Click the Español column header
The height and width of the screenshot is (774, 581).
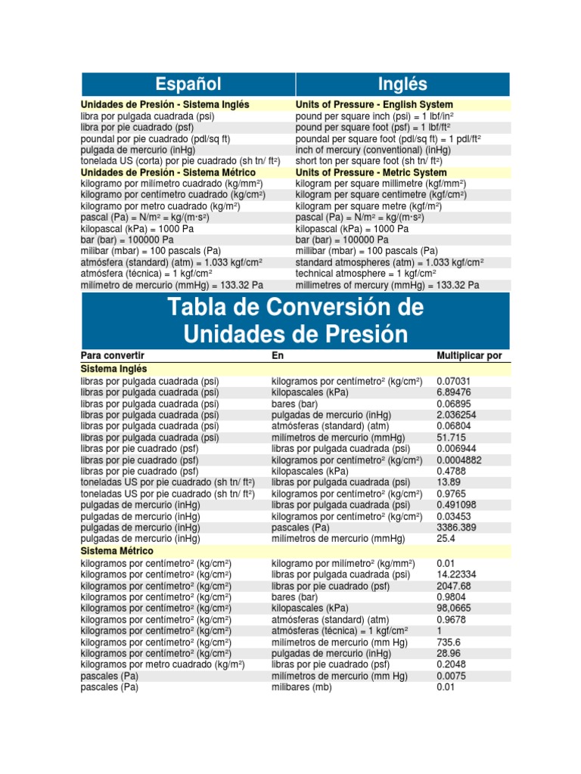[x=188, y=84]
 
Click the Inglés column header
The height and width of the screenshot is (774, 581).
[x=402, y=84]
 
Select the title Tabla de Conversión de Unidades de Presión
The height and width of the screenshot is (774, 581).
[x=296, y=320]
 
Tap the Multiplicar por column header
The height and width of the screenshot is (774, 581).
[x=469, y=355]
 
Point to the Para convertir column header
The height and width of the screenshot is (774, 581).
[x=112, y=355]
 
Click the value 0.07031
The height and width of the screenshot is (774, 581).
[x=453, y=381]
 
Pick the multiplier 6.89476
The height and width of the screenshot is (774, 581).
[x=453, y=392]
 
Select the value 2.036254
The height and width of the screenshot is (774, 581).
[x=456, y=415]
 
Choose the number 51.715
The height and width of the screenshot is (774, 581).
[x=452, y=438]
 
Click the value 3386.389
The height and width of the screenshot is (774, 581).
[x=456, y=528]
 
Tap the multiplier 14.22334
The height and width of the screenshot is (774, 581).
[x=456, y=574]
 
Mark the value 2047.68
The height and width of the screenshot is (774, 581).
[x=454, y=586]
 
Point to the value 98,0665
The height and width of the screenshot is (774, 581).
[x=454, y=608]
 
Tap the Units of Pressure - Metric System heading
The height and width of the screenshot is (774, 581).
[x=371, y=172]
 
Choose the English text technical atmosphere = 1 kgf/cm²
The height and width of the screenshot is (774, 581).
[x=366, y=274]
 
